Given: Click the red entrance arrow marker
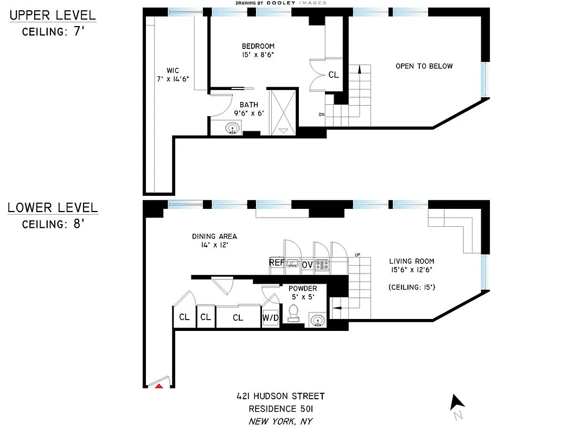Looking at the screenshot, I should pos(159,386).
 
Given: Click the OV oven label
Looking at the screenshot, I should pos(307,265).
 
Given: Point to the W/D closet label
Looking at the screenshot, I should pos(270,317).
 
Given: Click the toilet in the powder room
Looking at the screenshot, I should pos(294,312).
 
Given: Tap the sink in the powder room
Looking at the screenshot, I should pos(318,320).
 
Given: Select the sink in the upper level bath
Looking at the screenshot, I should pos(233,129).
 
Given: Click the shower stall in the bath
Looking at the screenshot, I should pos(283,111).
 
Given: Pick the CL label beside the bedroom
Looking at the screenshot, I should pos(334,75).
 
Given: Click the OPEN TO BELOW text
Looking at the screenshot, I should pos(424,66).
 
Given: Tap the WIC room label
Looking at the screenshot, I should pos(173,71).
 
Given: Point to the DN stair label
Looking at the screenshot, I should pos(322,114).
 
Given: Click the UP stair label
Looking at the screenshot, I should pos(357,255).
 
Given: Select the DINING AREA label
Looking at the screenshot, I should pos(214,236).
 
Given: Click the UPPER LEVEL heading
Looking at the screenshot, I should pos(53,15).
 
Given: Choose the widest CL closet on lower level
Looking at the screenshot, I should pos(238,317).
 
